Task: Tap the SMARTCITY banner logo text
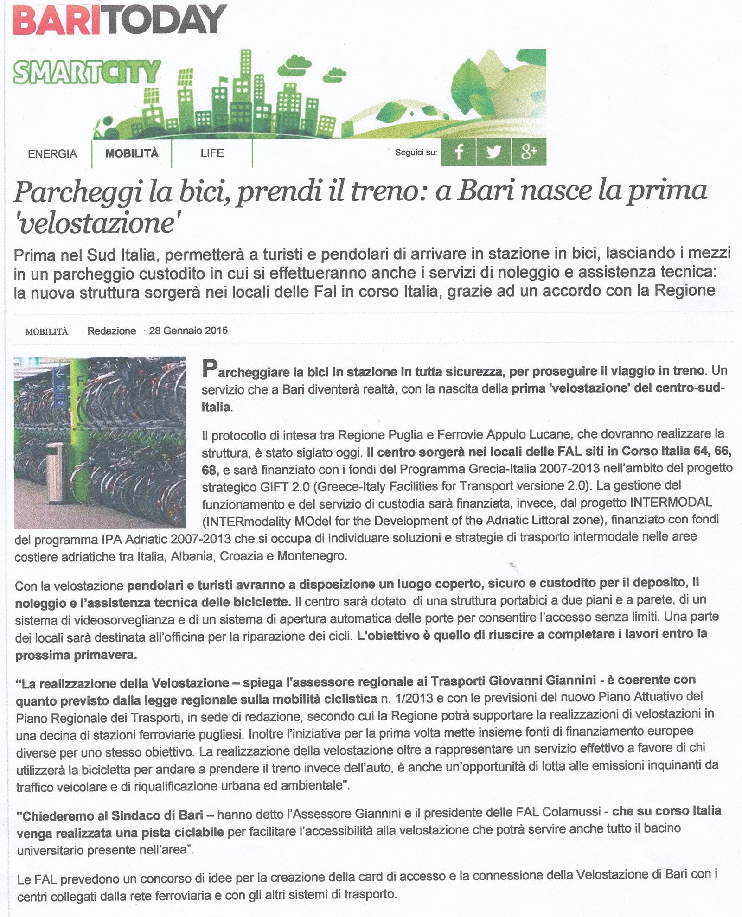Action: (x=86, y=73)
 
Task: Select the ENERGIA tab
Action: (x=52, y=153)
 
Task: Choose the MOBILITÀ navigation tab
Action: (x=132, y=153)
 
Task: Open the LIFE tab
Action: (x=212, y=153)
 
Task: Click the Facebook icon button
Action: (x=458, y=152)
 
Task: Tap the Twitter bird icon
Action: (x=493, y=152)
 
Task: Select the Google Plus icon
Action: (x=529, y=152)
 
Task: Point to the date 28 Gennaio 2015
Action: (x=188, y=331)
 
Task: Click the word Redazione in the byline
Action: (x=112, y=331)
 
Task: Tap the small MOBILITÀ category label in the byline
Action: (x=46, y=331)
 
